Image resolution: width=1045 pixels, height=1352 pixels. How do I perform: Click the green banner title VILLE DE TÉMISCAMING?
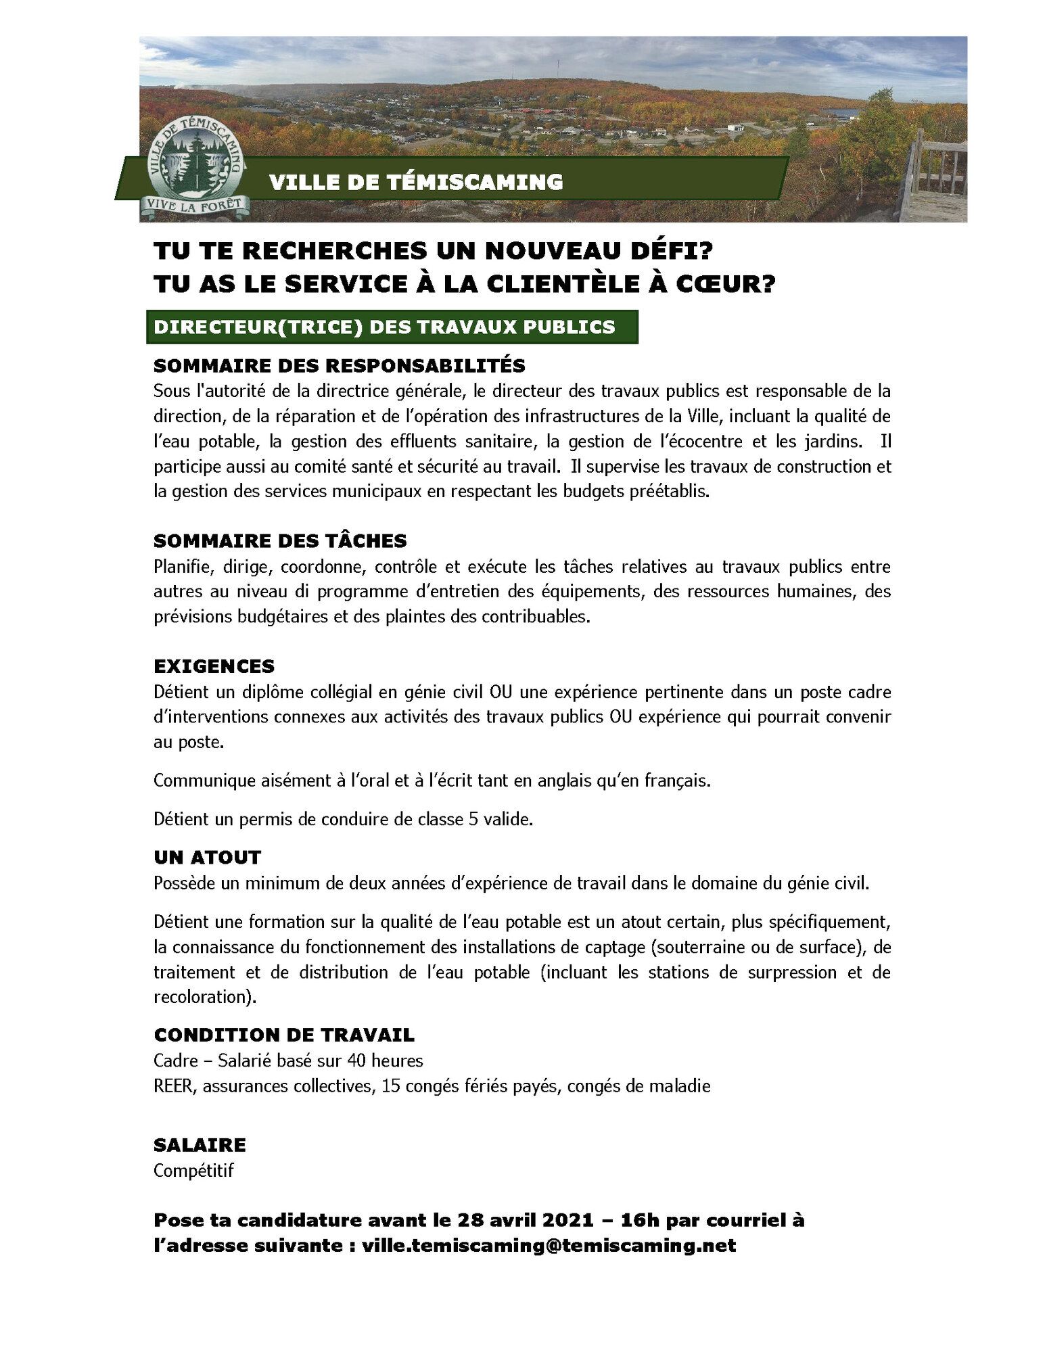tap(415, 182)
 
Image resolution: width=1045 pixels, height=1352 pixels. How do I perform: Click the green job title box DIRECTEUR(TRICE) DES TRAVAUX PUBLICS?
tap(384, 327)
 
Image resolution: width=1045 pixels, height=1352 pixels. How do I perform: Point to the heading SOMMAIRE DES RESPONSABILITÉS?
tap(339, 366)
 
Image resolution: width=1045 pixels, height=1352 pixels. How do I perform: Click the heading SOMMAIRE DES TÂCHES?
tap(280, 541)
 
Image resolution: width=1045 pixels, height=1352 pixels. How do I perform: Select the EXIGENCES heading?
tap(214, 666)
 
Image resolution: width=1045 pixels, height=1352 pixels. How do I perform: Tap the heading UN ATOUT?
tap(207, 858)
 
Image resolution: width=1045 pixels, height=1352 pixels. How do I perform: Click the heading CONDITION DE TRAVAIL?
tap(284, 1035)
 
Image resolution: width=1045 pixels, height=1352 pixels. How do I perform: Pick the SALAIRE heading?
tap(200, 1145)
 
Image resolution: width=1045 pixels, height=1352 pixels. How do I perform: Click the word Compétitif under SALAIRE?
tap(193, 1171)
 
